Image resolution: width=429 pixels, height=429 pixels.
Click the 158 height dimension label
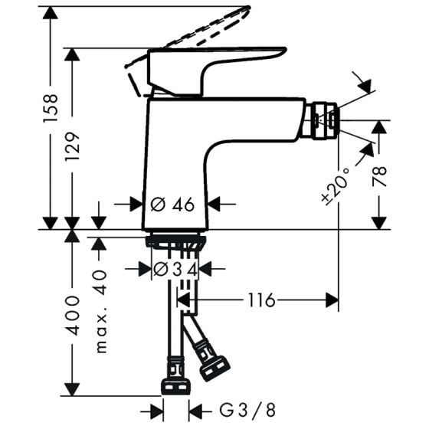(x=51, y=108)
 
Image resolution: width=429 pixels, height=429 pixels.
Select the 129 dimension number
(x=72, y=146)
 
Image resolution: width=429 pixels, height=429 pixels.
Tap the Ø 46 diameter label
(x=172, y=204)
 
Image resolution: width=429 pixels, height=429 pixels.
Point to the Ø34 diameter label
(x=175, y=269)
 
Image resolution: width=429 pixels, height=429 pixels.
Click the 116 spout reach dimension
(x=261, y=300)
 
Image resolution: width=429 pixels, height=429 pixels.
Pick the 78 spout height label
(x=379, y=176)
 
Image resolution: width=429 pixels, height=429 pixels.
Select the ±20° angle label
(x=336, y=187)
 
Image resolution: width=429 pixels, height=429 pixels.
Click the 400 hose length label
(x=73, y=315)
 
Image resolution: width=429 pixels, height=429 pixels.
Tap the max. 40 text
(x=100, y=311)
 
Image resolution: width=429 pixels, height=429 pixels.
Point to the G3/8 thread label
(x=247, y=410)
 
